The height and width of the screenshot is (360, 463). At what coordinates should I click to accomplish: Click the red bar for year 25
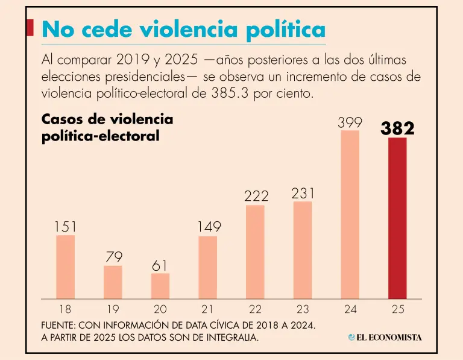tap(397, 218)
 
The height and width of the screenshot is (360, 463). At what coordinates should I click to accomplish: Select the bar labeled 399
tap(350, 214)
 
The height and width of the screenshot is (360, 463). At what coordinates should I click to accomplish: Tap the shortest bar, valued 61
tap(160, 286)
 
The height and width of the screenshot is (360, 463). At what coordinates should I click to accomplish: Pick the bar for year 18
tap(65, 267)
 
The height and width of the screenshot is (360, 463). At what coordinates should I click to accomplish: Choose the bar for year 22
tap(255, 251)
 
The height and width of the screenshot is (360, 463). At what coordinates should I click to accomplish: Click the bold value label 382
tap(397, 128)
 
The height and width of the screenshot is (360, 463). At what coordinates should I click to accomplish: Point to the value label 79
tap(113, 257)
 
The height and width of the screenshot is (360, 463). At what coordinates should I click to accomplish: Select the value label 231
tap(303, 194)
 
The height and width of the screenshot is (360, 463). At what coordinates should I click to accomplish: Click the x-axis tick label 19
tap(113, 309)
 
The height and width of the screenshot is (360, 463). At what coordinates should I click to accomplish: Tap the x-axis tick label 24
tap(350, 309)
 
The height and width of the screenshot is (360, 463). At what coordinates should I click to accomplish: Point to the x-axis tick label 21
tap(207, 309)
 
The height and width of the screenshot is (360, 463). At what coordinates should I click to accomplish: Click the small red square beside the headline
tap(30, 27)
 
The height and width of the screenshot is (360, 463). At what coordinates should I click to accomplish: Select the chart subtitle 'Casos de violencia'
tap(107, 119)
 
